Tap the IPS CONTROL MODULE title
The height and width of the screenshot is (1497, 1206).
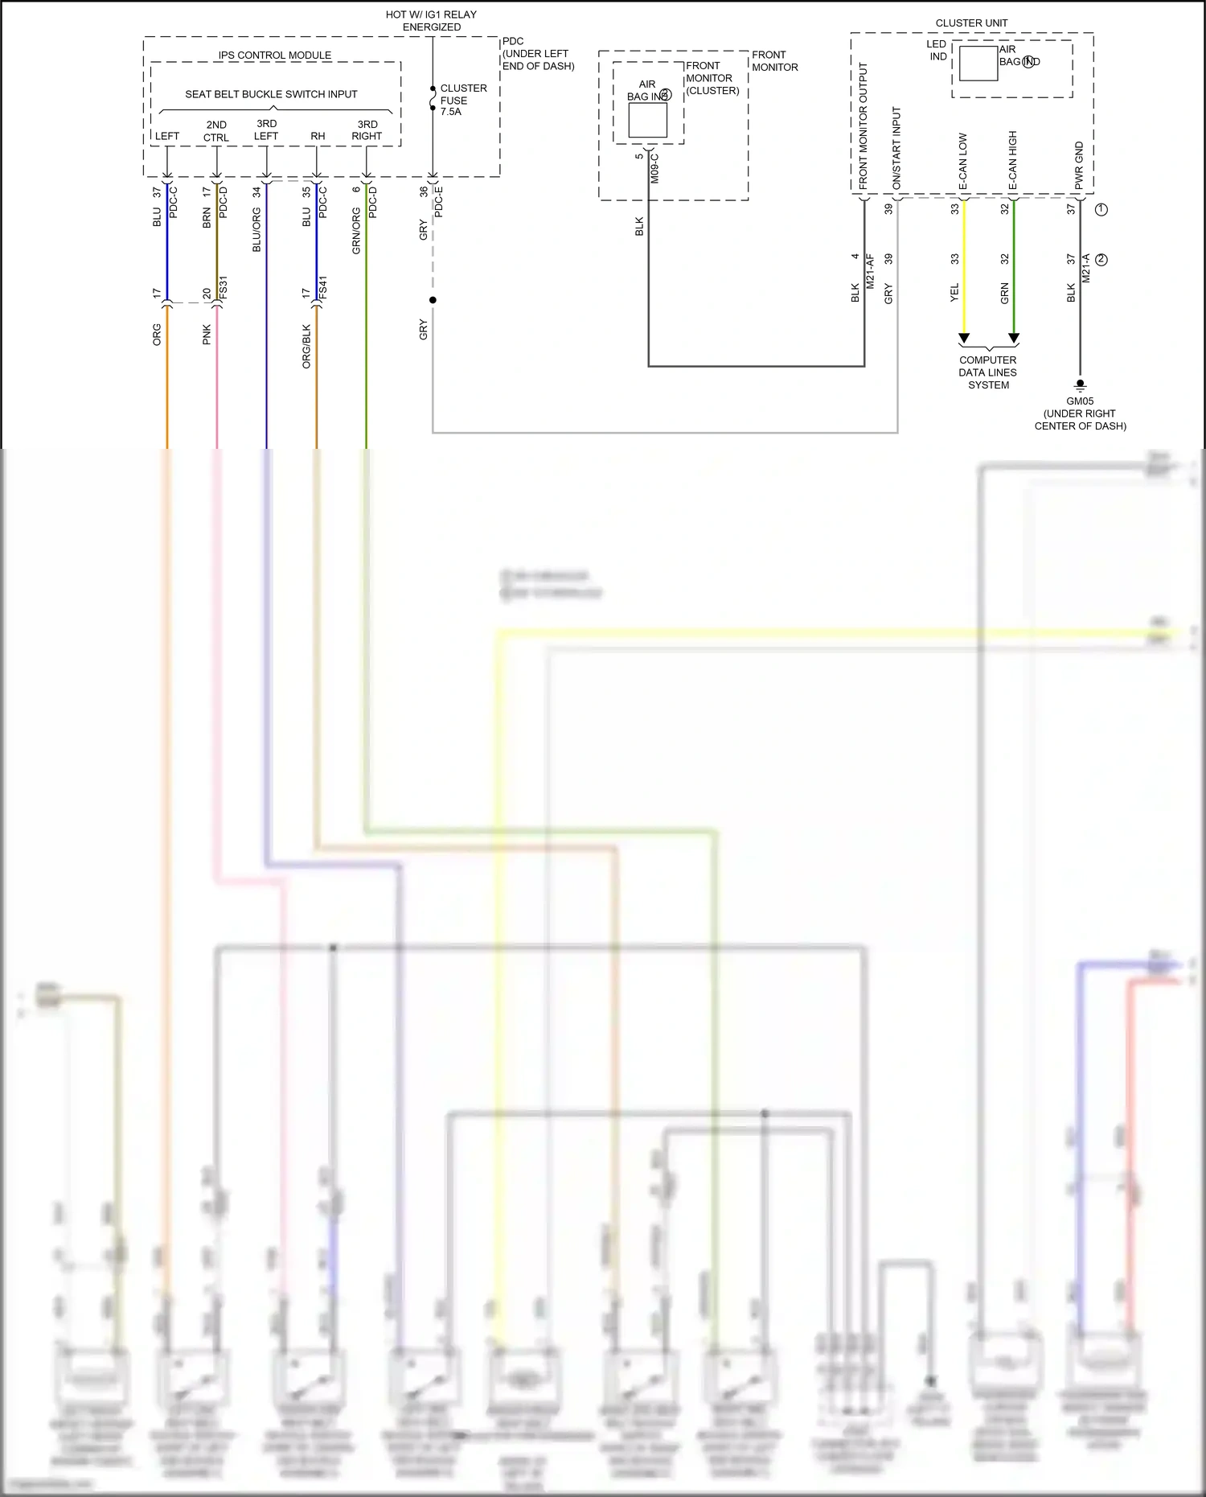pyautogui.click(x=275, y=56)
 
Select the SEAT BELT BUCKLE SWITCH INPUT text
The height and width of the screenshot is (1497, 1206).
pyautogui.click(x=271, y=94)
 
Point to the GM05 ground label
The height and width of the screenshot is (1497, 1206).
pyautogui.click(x=1080, y=401)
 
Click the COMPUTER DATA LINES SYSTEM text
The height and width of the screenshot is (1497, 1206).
pyautogui.click(x=988, y=372)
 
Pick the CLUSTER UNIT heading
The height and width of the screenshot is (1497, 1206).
pyautogui.click(x=971, y=23)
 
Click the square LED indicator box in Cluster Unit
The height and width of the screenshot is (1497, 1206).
pyautogui.click(x=978, y=64)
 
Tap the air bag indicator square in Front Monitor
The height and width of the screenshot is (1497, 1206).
pyautogui.click(x=647, y=120)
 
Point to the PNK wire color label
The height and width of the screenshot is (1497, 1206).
pyautogui.click(x=207, y=335)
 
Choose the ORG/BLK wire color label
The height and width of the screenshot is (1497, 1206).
pyautogui.click(x=306, y=347)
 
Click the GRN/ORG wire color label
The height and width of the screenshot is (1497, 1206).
pyautogui.click(x=356, y=231)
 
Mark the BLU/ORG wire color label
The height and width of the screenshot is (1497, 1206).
pyautogui.click(x=256, y=229)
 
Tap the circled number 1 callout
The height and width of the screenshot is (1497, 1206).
pyautogui.click(x=1101, y=209)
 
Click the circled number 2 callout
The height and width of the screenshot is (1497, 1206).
pyautogui.click(x=1101, y=260)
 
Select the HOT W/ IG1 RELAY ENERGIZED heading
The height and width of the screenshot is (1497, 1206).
pyautogui.click(x=431, y=21)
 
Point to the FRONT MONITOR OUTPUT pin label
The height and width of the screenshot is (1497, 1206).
pyautogui.click(x=863, y=125)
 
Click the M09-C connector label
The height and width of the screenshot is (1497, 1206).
pyautogui.click(x=654, y=168)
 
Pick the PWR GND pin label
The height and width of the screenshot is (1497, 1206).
pyautogui.click(x=1079, y=166)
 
